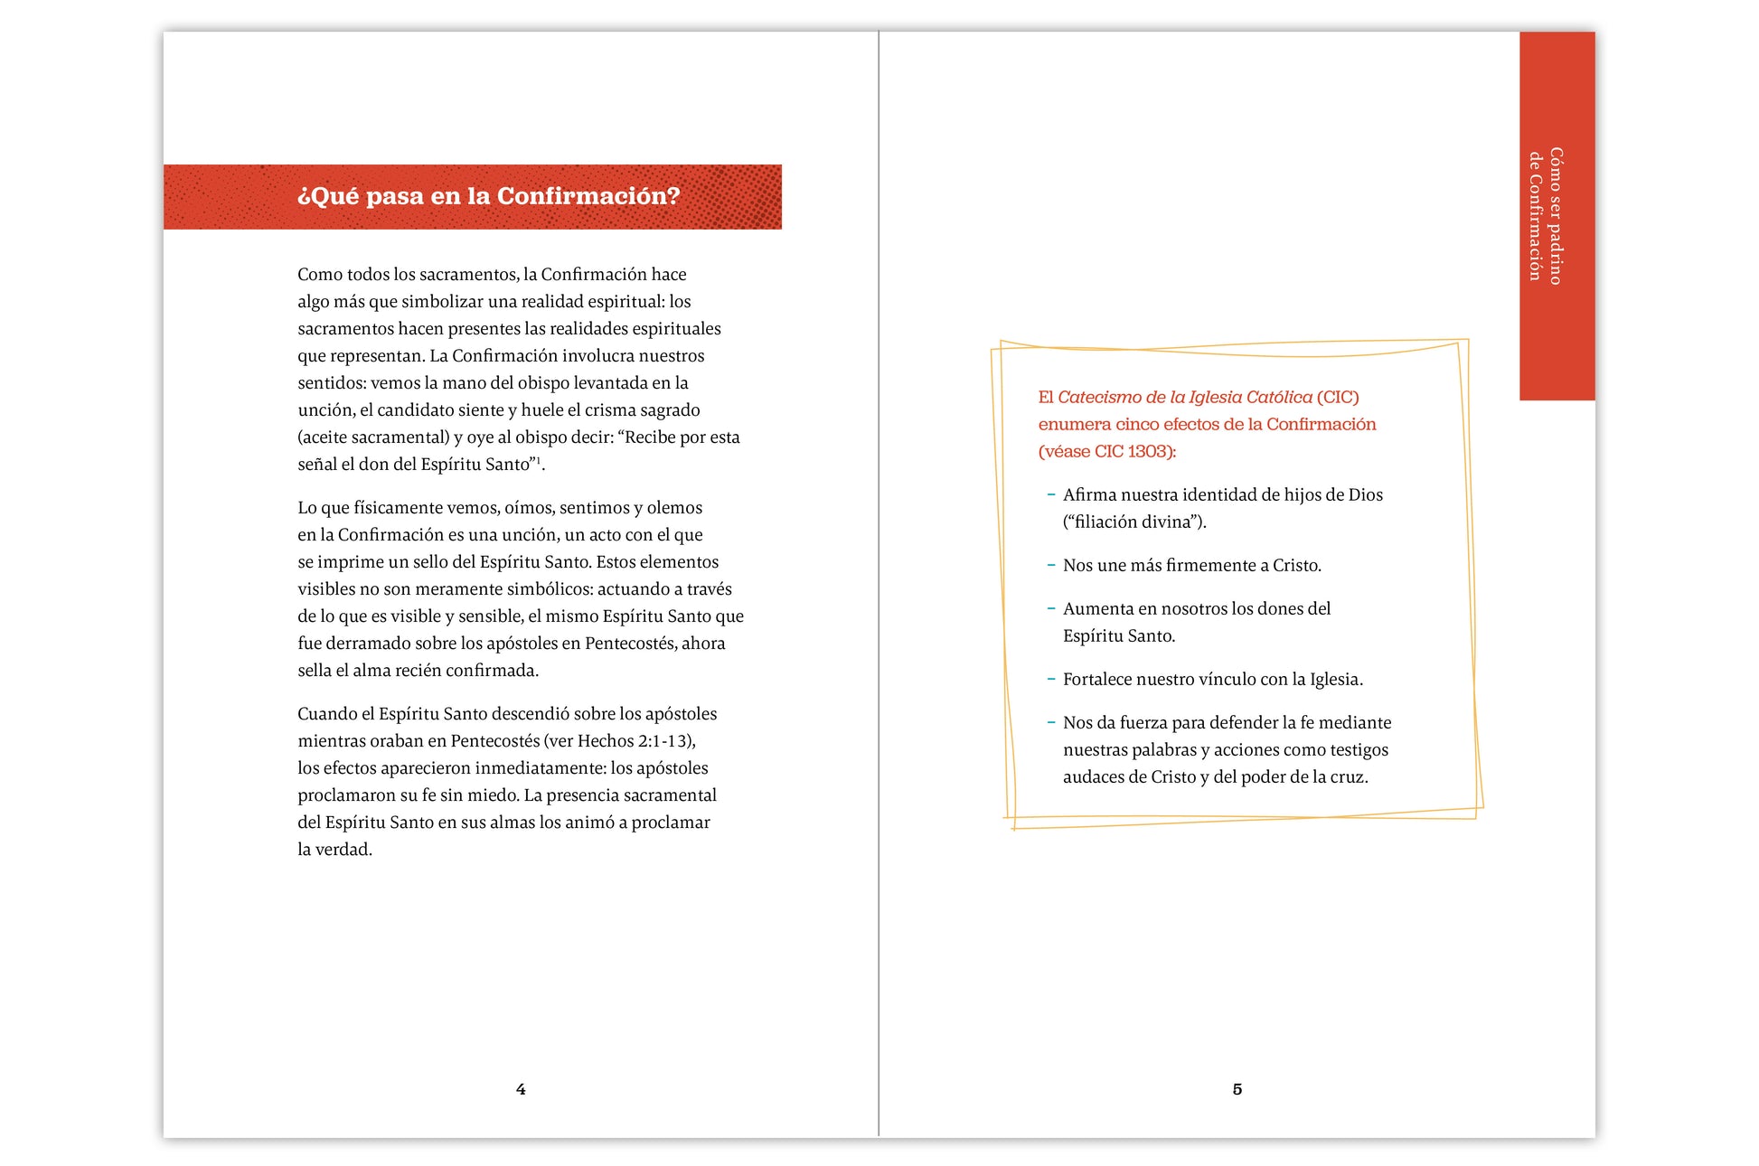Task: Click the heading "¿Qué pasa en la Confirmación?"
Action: (488, 196)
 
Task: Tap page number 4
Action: (521, 1089)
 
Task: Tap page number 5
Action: (1237, 1089)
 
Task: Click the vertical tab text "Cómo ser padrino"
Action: (1556, 216)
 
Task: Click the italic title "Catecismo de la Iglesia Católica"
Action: (1184, 398)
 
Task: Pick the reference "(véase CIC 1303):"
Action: (1107, 452)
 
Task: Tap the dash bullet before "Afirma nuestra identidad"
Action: (1051, 494)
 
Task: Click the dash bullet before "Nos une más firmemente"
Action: (1051, 565)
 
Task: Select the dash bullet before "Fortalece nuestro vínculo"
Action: (1051, 679)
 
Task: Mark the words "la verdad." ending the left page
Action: (334, 850)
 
